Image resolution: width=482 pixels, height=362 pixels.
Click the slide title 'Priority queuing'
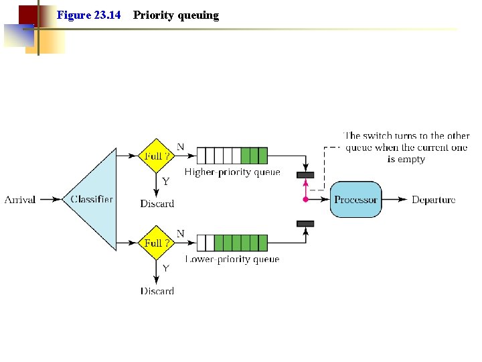click(x=175, y=15)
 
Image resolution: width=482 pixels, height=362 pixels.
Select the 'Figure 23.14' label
click(x=88, y=15)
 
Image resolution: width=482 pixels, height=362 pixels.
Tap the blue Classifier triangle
click(x=94, y=199)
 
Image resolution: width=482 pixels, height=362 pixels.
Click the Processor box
click(x=355, y=199)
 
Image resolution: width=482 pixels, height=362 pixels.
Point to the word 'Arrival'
click(x=21, y=199)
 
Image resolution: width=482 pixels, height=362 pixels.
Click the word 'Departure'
click(x=433, y=200)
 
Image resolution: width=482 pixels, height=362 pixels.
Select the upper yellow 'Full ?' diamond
click(x=156, y=156)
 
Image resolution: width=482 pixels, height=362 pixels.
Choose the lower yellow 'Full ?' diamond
click(x=156, y=243)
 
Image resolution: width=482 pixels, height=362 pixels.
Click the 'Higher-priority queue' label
click(x=232, y=172)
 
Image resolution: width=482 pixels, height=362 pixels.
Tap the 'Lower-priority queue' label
click(x=232, y=259)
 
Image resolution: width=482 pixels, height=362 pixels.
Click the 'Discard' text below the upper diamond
click(x=157, y=204)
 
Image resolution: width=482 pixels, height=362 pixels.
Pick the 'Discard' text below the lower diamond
click(x=157, y=291)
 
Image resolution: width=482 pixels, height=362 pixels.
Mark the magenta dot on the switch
click(x=305, y=200)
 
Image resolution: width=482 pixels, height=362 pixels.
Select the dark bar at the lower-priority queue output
click(x=305, y=223)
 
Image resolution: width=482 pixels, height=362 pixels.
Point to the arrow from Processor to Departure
click(x=395, y=200)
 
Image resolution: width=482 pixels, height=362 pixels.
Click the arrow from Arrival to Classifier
click(x=51, y=200)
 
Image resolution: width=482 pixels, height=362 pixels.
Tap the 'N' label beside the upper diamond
click(x=180, y=146)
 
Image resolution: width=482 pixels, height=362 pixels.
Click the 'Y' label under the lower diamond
click(x=165, y=268)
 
